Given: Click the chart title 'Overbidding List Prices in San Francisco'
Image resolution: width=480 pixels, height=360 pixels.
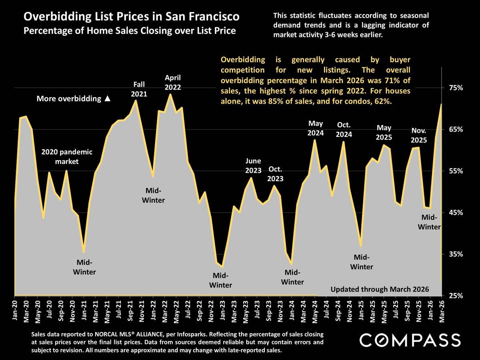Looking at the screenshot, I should [x=132, y=17].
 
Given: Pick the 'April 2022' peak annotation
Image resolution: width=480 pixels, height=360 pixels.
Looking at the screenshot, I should [x=173, y=82].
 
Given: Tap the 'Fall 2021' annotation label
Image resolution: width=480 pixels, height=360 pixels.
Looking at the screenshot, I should [x=139, y=89].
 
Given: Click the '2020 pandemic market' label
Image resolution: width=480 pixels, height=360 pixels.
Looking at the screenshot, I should [x=67, y=157].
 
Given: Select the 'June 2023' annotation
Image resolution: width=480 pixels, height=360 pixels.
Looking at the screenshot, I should [x=253, y=166].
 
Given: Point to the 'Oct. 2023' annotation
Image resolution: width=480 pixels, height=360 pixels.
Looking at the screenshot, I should [x=275, y=174].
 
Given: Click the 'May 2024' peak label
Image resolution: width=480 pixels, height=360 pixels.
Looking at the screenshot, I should [x=315, y=128].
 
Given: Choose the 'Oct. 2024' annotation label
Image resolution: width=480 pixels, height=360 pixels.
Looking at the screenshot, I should [x=344, y=129].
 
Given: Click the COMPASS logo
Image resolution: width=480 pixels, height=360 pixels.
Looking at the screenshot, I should [x=410, y=340].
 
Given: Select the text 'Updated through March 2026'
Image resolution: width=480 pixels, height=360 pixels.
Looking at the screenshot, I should [x=380, y=289].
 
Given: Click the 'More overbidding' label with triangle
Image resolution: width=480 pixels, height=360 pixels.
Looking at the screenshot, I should [x=73, y=99].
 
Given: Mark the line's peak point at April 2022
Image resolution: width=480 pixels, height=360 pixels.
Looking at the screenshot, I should [x=170, y=94].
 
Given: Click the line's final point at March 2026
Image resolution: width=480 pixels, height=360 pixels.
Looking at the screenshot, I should [x=442, y=104].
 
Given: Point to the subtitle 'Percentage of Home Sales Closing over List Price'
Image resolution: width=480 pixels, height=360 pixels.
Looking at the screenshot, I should [x=130, y=30].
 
